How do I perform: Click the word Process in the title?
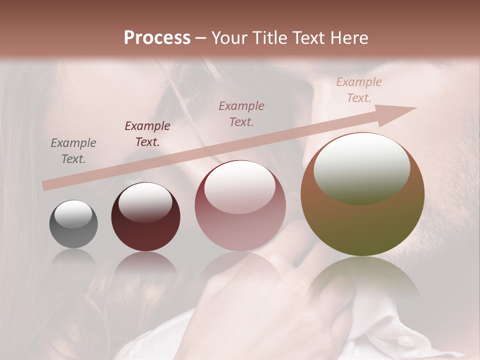point(157,38)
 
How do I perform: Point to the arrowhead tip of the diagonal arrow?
point(415,108)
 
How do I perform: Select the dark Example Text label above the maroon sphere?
point(147,134)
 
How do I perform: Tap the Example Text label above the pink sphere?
point(241,113)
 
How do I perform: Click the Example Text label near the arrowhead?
point(358,90)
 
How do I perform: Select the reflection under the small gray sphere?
point(73,257)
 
